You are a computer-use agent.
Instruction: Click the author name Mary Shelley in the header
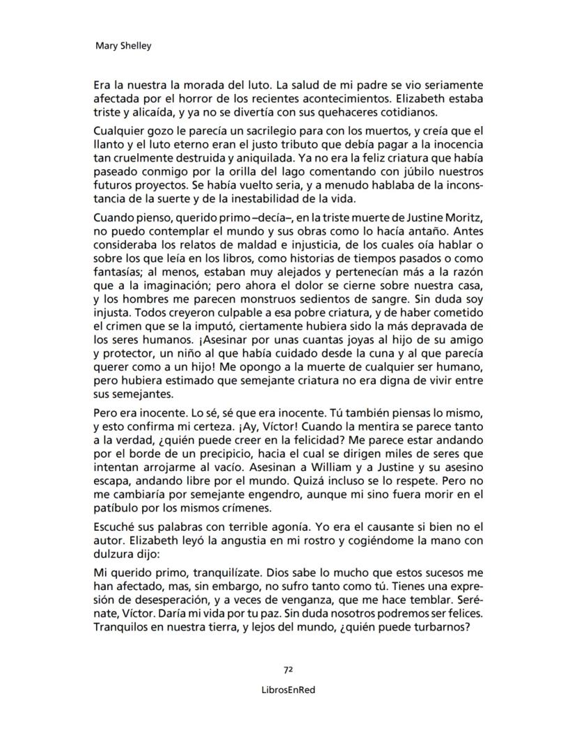coord(123,46)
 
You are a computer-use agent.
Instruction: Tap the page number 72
coord(287,669)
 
